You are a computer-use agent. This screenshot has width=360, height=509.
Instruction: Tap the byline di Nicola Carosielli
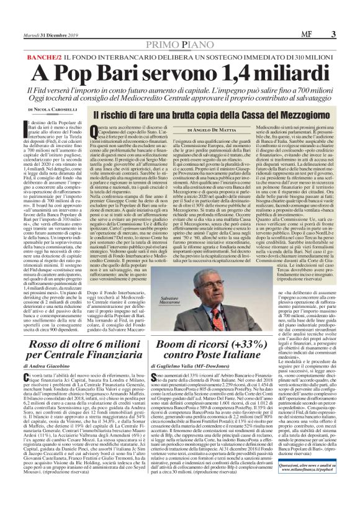tap(69, 110)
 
